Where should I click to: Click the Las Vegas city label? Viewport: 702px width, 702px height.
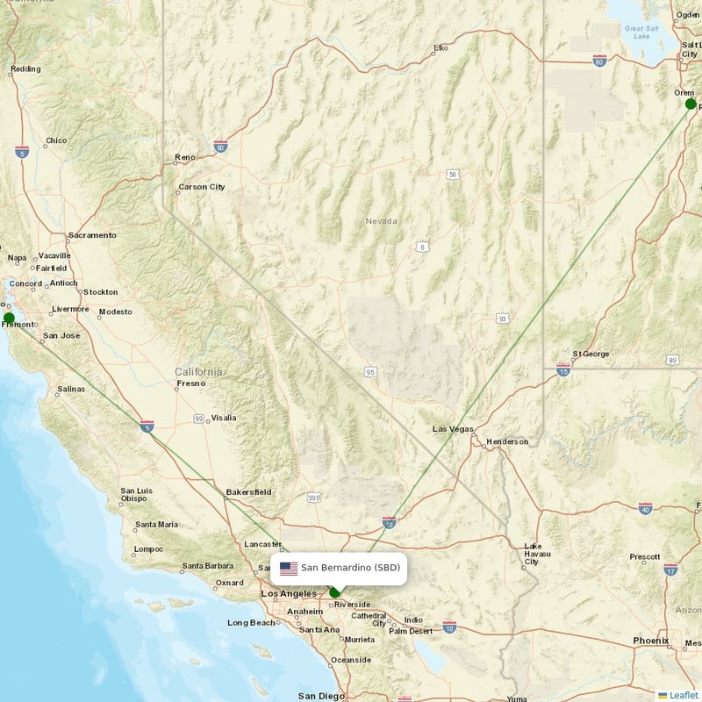coord(452,429)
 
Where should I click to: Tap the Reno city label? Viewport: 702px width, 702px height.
coord(185,158)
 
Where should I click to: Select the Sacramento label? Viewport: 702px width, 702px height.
coord(92,235)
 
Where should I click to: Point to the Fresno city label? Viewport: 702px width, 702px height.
coord(190,383)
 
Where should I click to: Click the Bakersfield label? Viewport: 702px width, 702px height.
coord(248,492)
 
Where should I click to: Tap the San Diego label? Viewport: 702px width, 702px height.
coord(320,696)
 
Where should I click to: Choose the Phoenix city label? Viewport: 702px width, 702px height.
coord(651,641)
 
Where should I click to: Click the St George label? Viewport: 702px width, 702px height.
coord(591,354)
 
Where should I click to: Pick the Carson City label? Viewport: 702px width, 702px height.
coord(201,187)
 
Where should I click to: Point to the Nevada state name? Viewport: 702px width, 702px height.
coord(381,221)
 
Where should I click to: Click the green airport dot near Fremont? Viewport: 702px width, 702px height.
coord(9,318)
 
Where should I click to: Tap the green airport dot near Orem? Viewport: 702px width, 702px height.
coord(691,104)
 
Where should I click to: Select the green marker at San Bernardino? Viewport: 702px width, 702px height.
coord(335,592)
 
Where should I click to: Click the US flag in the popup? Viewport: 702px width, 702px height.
coord(288,569)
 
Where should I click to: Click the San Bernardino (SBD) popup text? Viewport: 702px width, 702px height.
coord(350,569)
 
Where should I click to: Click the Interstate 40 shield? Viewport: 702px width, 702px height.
coord(645,508)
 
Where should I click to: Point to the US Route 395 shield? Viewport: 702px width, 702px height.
coord(313,498)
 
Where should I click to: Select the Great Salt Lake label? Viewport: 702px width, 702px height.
coord(636,32)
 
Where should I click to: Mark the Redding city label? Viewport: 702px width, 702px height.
coord(25,68)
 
